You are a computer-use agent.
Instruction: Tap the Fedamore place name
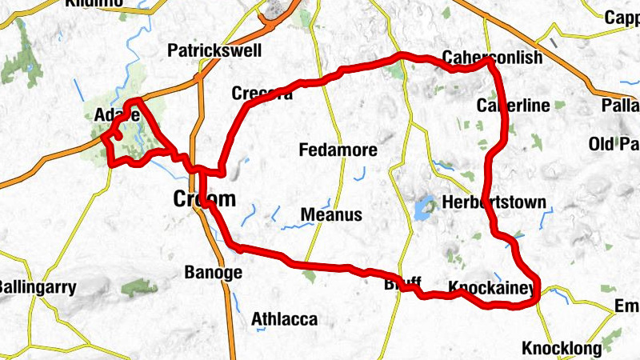pyautogui.click(x=338, y=150)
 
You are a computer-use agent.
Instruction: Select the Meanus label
pyautogui.click(x=331, y=215)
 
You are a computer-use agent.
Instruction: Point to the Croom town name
pyautogui.click(x=206, y=199)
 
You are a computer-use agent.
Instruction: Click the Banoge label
pyautogui.click(x=213, y=272)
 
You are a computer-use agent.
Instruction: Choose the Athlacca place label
pyautogui.click(x=284, y=319)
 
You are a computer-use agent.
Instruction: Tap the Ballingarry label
pyautogui.click(x=37, y=286)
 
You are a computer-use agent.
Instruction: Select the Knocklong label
pyautogui.click(x=559, y=349)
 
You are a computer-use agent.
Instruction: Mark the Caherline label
pyautogui.click(x=513, y=106)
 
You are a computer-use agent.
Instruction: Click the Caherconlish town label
pyautogui.click(x=492, y=58)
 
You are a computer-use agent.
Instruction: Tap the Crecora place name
pyautogui.click(x=262, y=94)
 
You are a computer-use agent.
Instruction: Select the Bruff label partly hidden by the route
pyautogui.click(x=402, y=284)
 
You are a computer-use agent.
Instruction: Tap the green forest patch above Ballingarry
pyautogui.click(x=139, y=287)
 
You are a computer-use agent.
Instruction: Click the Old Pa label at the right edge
pyautogui.click(x=614, y=144)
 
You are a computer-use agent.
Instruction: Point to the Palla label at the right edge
pyautogui.click(x=623, y=106)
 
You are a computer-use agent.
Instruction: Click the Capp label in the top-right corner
pyautogui.click(x=622, y=17)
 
